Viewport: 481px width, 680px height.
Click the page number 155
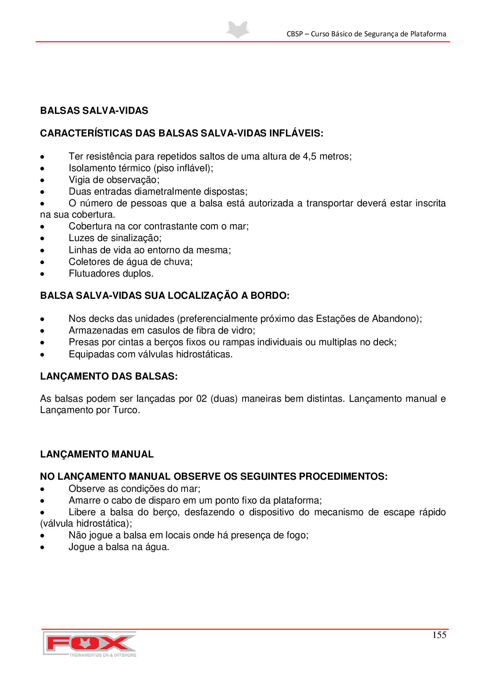point(439,635)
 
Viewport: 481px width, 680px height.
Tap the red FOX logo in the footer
point(90,643)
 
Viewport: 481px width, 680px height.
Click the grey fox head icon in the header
point(238,30)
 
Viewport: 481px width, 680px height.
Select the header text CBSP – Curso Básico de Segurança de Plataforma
point(366,34)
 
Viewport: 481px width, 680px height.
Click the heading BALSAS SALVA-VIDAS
point(94,111)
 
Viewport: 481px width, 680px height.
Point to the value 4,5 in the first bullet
point(310,156)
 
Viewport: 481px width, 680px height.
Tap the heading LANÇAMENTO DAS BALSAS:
point(109,376)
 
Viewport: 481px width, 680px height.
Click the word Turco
point(126,410)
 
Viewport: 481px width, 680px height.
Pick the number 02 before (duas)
point(202,399)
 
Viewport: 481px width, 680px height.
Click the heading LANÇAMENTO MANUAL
point(97,454)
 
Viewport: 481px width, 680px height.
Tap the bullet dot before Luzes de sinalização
point(42,239)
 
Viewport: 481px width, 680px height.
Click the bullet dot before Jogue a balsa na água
point(42,548)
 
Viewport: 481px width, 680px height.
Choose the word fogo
point(298,535)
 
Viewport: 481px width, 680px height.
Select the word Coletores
point(88,262)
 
